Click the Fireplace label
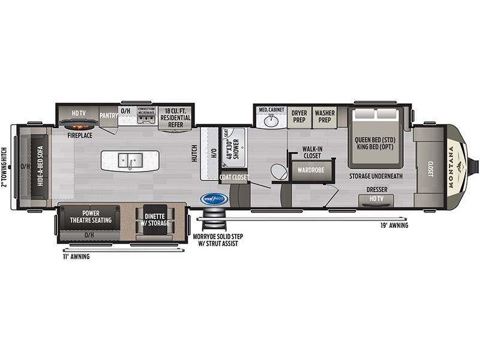[79, 136]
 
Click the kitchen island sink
[130, 160]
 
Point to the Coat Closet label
[233, 177]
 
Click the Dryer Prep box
[299, 116]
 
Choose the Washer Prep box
[325, 116]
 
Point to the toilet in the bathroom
[278, 172]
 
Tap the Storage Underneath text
[376, 176]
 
